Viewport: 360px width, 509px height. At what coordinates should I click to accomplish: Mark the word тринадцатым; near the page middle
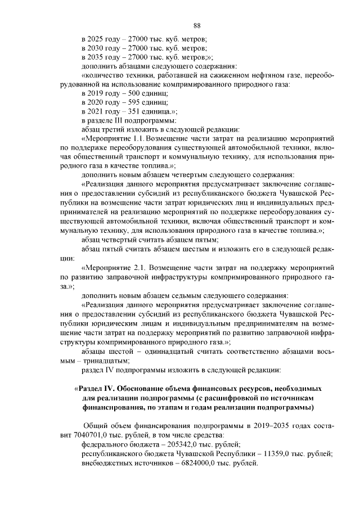107,361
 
